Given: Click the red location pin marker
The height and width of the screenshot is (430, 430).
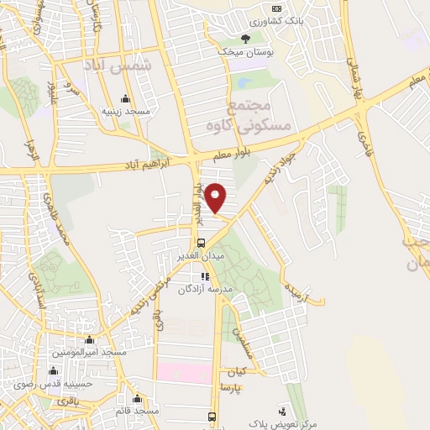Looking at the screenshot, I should [x=216, y=197].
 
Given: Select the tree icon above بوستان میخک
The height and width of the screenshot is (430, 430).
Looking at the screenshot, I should [x=246, y=38].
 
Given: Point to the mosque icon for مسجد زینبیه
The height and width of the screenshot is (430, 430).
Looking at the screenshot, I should [x=126, y=97].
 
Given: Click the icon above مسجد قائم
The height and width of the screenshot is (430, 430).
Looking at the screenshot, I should [x=139, y=398].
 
